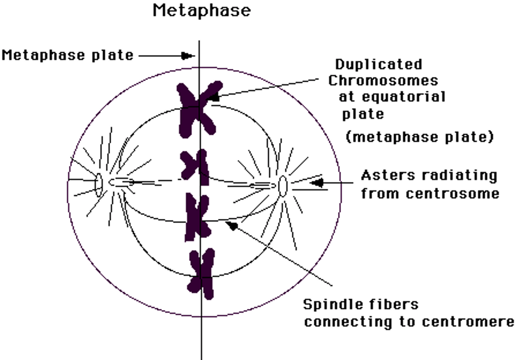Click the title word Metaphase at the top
(201, 10)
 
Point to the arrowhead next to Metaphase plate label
(187, 56)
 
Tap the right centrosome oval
(283, 186)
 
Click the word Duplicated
(378, 64)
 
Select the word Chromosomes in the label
(383, 80)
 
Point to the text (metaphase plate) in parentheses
(420, 137)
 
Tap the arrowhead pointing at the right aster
(317, 183)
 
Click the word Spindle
(329, 305)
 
